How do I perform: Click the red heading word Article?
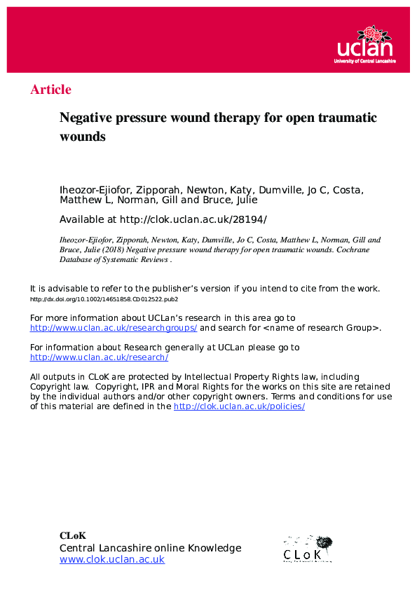(50, 90)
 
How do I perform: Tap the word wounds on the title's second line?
(82, 137)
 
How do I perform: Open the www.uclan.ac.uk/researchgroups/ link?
(114, 328)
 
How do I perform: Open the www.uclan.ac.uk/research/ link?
(99, 357)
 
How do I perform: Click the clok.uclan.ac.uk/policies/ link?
(239, 406)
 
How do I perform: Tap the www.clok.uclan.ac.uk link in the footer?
(111, 559)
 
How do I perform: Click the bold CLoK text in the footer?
(73, 536)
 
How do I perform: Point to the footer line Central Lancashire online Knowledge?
(150, 548)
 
